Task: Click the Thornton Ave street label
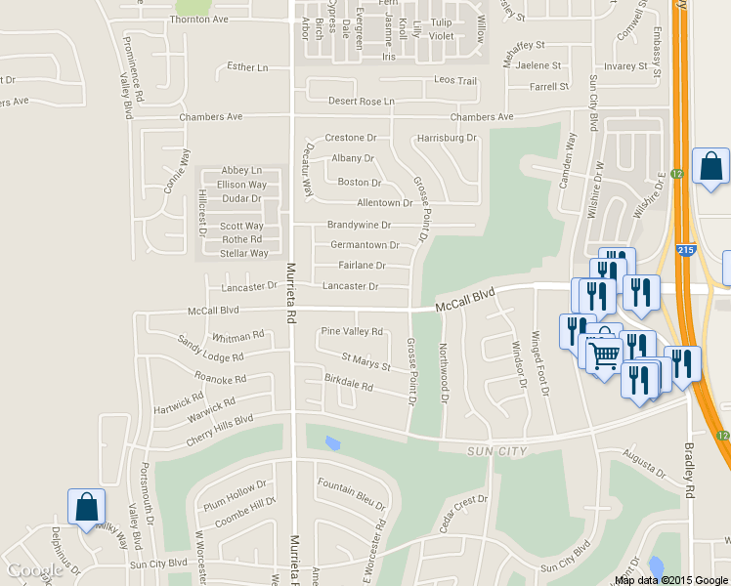pos(198,20)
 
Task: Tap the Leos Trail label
pos(455,81)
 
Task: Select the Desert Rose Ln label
pos(362,102)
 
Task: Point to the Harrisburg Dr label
pos(447,139)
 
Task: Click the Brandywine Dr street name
pos(359,225)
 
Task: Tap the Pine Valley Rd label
pos(352,332)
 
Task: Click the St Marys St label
pos(365,363)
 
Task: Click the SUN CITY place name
pos(497,451)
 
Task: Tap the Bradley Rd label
pos(689,468)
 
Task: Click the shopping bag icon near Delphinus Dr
pos(86,508)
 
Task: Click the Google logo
pos(34,570)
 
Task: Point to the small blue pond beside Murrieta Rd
pos(332,444)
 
